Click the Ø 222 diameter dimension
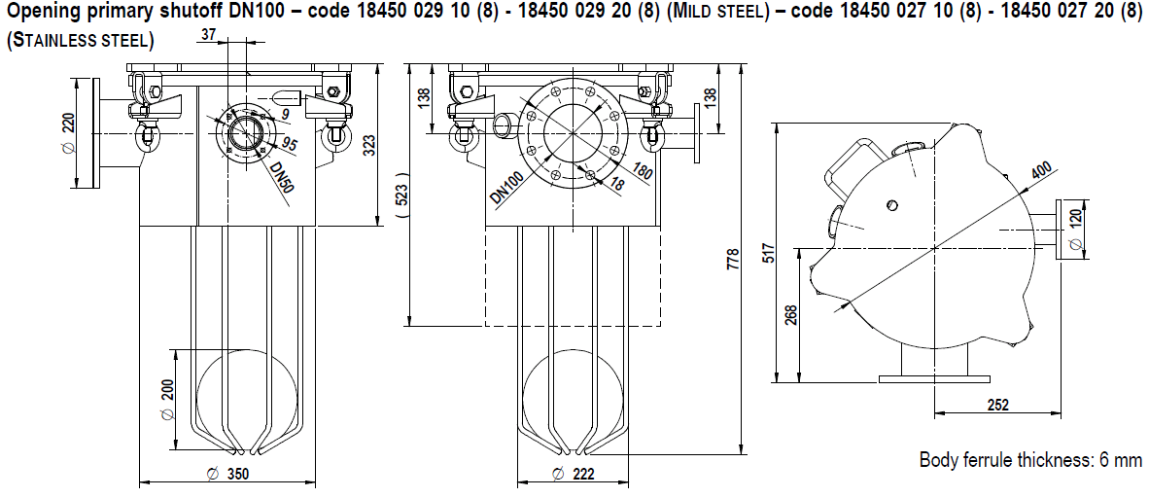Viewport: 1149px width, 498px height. click(x=573, y=475)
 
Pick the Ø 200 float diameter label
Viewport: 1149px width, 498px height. click(x=166, y=399)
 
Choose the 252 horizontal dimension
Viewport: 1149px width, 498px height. click(x=996, y=405)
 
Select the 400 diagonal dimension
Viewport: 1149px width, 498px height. click(x=1041, y=172)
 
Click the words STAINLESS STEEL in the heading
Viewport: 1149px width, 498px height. click(x=80, y=43)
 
